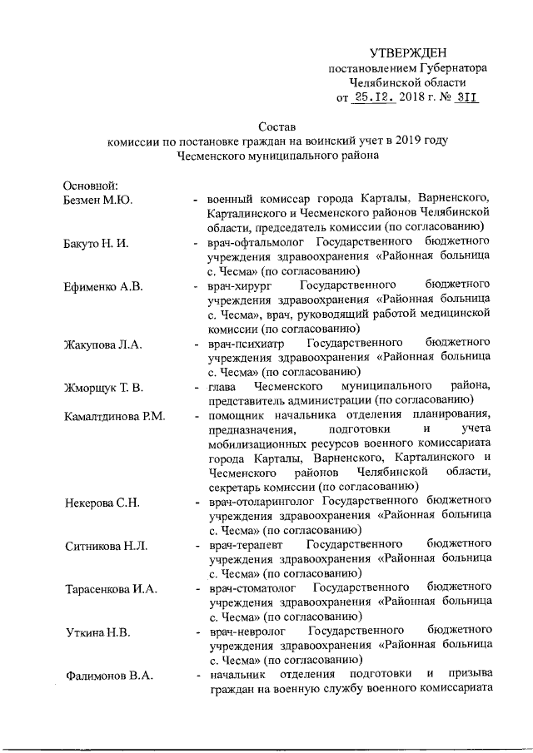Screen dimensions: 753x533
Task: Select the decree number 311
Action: (468, 97)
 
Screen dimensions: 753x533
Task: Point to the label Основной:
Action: (92, 185)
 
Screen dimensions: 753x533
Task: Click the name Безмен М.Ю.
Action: (98, 200)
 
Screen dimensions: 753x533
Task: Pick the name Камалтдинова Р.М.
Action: (115, 416)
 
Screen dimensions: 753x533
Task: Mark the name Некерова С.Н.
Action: (104, 503)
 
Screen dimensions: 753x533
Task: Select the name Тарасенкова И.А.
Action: (112, 589)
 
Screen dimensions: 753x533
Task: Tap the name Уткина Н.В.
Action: (97, 632)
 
